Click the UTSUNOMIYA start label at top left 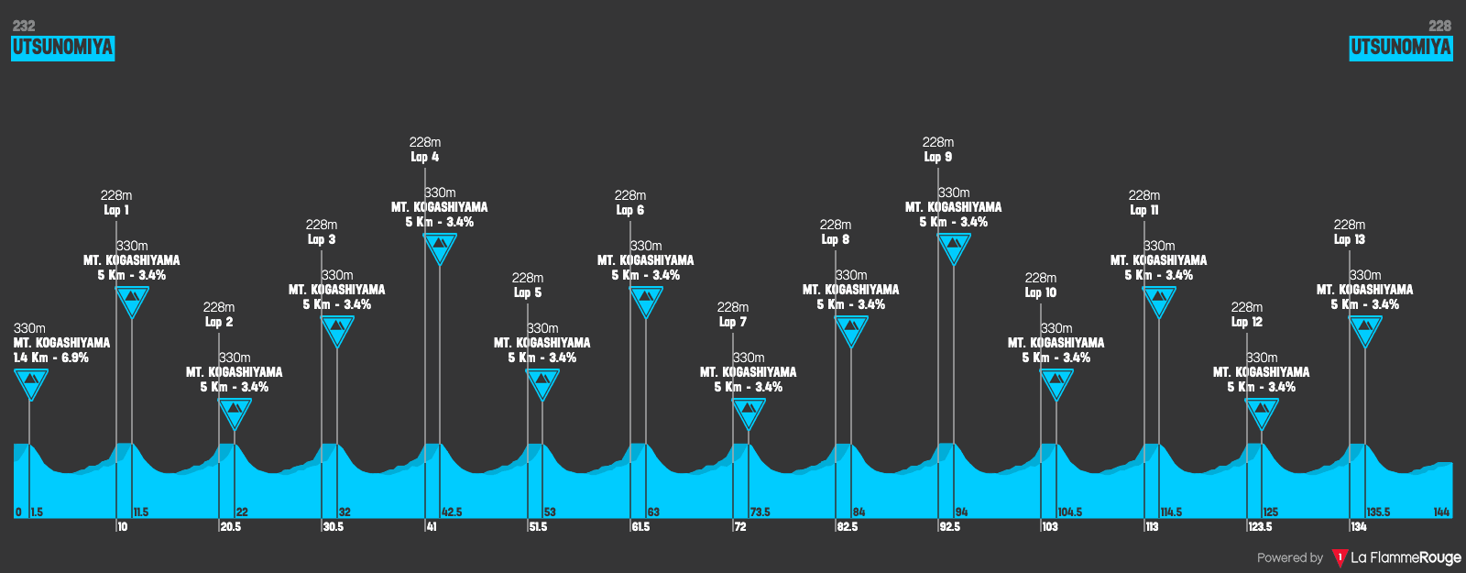tap(62, 48)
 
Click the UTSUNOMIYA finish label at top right tap(1400, 48)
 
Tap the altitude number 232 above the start tap(24, 26)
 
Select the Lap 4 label tap(424, 157)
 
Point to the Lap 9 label tap(937, 157)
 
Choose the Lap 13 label tap(1349, 239)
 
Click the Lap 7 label tap(732, 322)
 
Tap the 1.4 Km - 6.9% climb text tap(51, 358)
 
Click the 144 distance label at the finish tap(1441, 512)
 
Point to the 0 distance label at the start tap(18, 512)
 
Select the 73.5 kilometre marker tap(760, 512)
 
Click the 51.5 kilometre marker tap(538, 527)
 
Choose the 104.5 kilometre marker tap(1069, 512)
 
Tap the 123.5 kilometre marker tap(1260, 527)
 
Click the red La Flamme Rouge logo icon tap(1340, 557)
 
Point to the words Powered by tap(1290, 557)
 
